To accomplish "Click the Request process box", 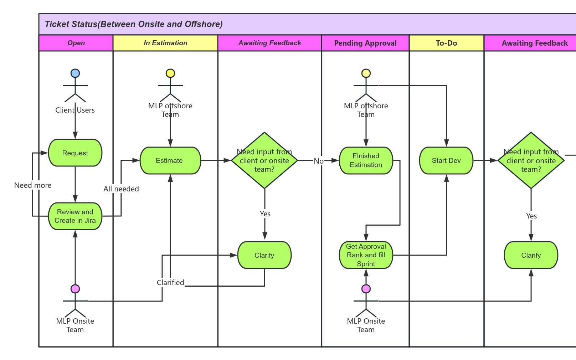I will (75, 153).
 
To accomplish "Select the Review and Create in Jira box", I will (75, 216).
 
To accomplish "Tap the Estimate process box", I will (170, 160).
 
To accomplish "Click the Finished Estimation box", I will (366, 160).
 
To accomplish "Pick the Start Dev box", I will (446, 160).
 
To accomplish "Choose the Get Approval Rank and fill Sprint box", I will (366, 255).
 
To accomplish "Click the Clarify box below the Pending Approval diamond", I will (264, 255).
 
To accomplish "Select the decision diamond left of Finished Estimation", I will (264, 160).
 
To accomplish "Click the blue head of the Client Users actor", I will (75, 73).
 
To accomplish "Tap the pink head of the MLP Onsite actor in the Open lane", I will (75, 289).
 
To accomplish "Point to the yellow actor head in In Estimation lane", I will (170, 73).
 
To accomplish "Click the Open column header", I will (76, 43).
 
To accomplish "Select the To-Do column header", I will (446, 43).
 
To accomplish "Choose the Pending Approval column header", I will (365, 43).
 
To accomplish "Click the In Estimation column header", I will (165, 43).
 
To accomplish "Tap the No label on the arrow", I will (319, 161).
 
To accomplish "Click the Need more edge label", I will (33, 185).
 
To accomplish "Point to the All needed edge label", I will (121, 189).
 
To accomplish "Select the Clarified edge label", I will (170, 283).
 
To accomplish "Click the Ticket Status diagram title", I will (134, 24).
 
